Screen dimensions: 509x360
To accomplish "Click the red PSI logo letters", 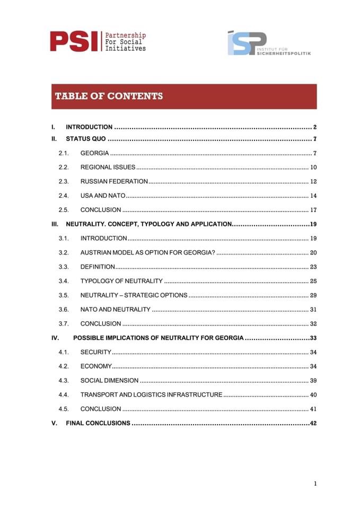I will pos(74,41).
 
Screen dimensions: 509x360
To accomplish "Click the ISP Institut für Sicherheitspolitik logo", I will pos(269,43).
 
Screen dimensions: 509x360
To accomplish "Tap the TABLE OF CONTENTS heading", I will pos(109,96).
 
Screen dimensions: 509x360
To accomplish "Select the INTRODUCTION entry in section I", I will pos(89,127).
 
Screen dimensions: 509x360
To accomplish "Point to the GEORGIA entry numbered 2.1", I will pos(94,154).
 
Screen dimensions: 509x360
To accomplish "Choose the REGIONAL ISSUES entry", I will pos(108,168).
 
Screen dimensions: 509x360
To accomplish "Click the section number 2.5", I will pos(64,210).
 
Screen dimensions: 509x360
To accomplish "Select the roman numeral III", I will pos(55,224).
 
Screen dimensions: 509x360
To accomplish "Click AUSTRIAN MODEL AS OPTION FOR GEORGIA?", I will pos(147,253).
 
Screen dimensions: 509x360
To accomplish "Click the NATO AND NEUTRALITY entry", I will pos(115,310).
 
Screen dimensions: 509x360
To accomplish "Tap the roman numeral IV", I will pos(55,338).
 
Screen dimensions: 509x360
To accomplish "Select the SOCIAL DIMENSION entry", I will pos(109,381).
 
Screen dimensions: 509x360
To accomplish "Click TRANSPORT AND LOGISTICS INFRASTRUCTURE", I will pos(151,395).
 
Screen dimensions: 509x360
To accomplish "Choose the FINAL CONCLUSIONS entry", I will pos(98,423).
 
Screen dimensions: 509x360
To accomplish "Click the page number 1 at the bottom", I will pos(315,483).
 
